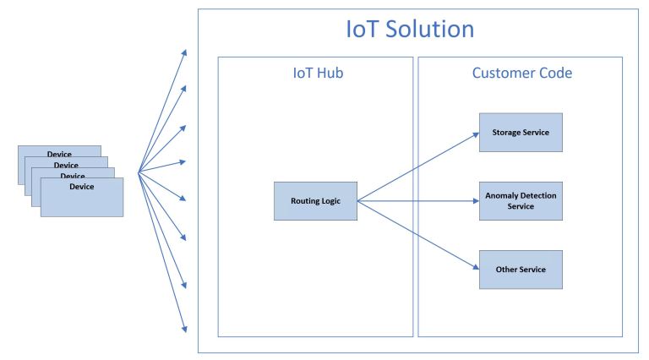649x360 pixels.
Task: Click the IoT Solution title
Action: click(x=410, y=30)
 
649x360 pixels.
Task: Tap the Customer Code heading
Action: click(x=521, y=74)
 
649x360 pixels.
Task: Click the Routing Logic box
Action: click(x=315, y=201)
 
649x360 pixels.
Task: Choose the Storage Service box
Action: click(x=521, y=133)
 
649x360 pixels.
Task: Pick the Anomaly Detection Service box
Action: click(x=521, y=201)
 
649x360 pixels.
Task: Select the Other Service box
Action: click(x=521, y=270)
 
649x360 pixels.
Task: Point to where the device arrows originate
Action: click(x=139, y=172)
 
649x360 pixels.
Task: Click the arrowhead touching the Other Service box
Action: click(x=475, y=268)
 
